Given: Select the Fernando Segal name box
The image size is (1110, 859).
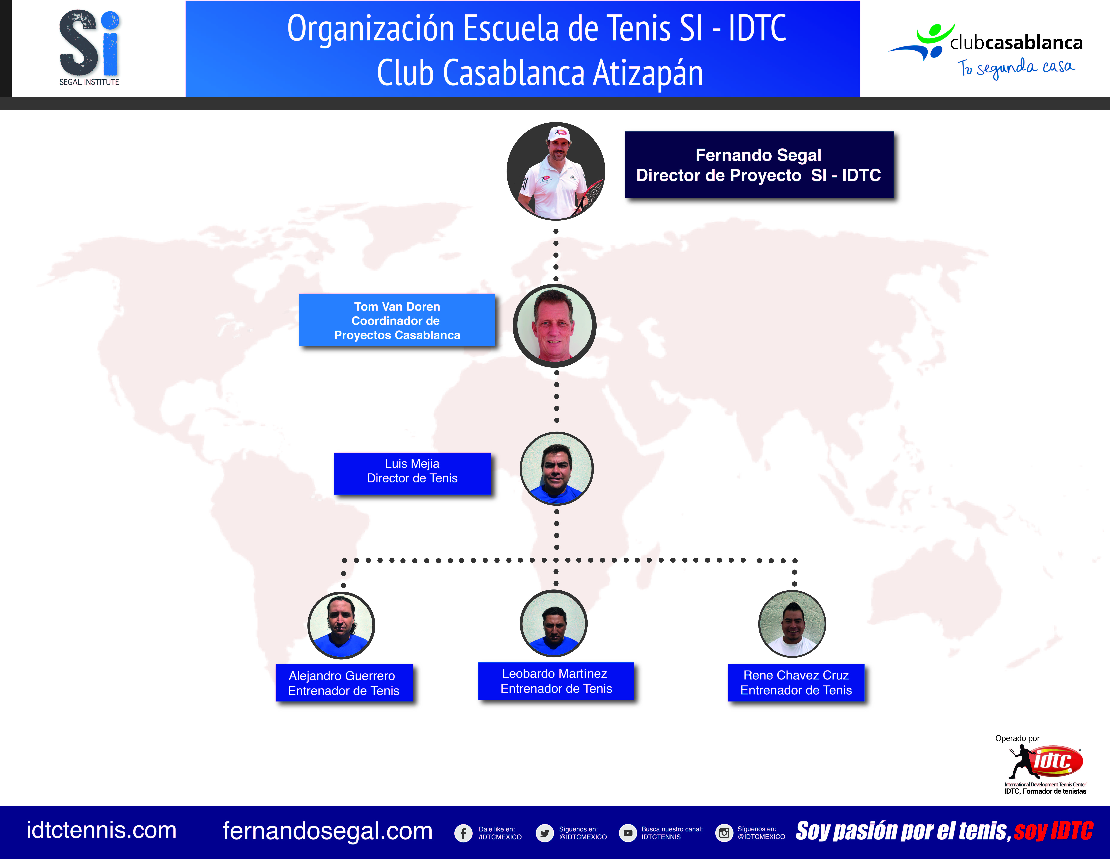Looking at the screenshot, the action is point(759,165).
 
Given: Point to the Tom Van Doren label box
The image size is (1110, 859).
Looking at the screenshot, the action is point(397,320).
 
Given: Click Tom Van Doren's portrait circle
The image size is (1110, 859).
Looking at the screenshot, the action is point(554,326).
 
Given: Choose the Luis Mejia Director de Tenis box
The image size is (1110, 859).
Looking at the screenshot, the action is point(412,473).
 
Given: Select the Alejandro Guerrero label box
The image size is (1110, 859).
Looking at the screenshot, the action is point(344,683).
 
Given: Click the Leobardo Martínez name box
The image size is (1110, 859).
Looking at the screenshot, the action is point(556,681).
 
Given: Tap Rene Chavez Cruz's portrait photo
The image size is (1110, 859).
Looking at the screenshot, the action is point(792,624).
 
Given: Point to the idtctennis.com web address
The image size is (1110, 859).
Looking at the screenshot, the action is point(102,830).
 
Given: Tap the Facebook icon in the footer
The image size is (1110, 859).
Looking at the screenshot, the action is point(463,833).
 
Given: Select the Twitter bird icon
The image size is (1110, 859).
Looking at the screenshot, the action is point(545,833).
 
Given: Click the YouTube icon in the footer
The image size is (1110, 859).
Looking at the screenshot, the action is point(628,833).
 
